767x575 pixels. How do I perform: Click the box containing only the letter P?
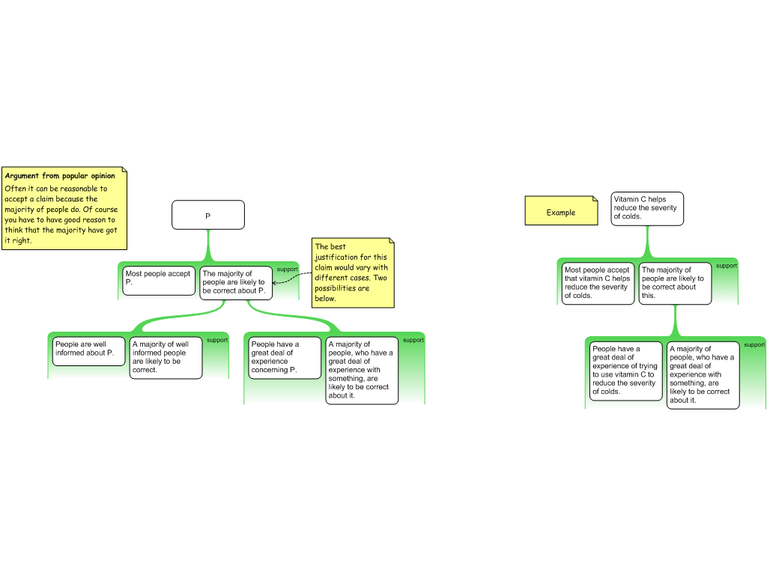pos(208,215)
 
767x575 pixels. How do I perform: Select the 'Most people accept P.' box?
pos(159,281)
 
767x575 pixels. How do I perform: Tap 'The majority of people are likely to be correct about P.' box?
pos(236,282)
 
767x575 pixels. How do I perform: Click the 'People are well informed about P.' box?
pos(88,351)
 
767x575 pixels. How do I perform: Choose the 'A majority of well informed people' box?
pos(166,357)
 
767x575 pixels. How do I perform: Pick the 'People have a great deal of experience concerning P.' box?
pos(285,357)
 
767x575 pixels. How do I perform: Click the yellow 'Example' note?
pos(561,210)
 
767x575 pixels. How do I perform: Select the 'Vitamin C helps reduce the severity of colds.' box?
pos(647,209)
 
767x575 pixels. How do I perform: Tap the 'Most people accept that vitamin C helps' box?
pos(598,284)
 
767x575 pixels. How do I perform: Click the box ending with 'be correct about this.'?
pos(675,284)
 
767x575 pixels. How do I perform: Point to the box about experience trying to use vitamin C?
pos(625,371)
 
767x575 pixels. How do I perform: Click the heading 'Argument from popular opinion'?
pos(60,175)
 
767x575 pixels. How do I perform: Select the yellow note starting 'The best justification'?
pos(353,273)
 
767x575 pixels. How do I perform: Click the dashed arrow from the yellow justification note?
pos(292,277)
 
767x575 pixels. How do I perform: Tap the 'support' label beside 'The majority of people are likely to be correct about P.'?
pos(287,270)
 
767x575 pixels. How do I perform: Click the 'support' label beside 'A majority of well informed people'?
pos(217,341)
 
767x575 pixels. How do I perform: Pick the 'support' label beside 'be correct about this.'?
pos(727,266)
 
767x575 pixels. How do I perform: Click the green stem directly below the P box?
pos(208,246)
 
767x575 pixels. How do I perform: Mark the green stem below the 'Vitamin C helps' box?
pos(648,242)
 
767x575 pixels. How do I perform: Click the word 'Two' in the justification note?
pos(380,278)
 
